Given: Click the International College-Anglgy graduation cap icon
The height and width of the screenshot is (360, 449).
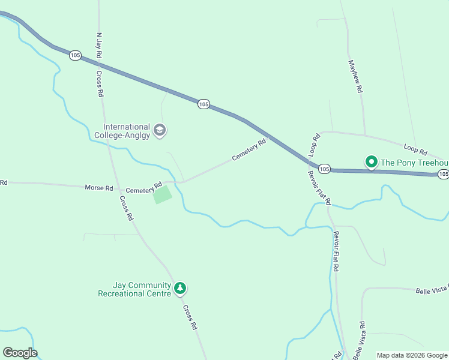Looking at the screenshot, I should point(160,130).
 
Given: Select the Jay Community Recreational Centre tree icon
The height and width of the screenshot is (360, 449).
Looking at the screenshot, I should point(179,289).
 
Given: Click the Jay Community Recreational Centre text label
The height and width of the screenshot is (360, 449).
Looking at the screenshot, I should point(134,290).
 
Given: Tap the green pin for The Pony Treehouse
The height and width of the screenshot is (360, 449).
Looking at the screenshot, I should point(372,162).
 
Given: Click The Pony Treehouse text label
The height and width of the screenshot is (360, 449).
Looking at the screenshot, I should point(415,163).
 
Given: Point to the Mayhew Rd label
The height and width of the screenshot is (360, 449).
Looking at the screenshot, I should point(355,76).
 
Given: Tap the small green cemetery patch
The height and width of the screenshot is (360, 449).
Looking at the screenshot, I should point(163,194).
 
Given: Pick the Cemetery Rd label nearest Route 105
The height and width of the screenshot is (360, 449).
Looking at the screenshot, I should point(249,151).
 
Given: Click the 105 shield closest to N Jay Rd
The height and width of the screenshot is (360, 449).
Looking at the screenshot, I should point(75,55).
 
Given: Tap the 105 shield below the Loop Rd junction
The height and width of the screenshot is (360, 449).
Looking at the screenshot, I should point(324,169).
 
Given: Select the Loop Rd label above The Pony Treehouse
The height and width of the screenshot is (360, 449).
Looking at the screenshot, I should point(415,148).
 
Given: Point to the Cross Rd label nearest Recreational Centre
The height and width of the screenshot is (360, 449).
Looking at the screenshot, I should point(190,317).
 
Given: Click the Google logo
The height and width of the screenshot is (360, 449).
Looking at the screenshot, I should point(20,353).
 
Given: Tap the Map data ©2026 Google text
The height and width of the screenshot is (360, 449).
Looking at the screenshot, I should point(411,355).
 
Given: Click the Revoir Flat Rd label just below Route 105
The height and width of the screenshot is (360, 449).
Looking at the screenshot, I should point(319,187).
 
